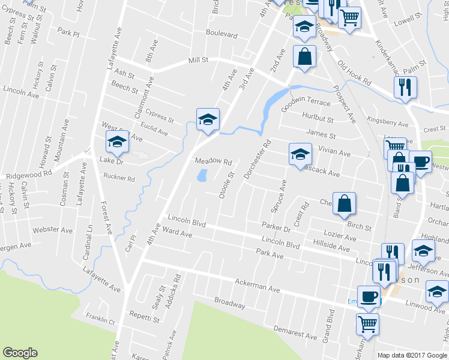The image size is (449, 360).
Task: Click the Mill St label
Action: tap(197, 60)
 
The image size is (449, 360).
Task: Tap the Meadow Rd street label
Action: tap(213, 162)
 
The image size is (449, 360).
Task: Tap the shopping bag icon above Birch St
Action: tap(345, 203)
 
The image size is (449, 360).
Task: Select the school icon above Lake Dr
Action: tap(117, 141)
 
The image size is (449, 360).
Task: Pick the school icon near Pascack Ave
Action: tap(300, 154)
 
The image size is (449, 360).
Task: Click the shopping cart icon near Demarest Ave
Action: tap(367, 323)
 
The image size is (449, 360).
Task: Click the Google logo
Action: tap(20, 353)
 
